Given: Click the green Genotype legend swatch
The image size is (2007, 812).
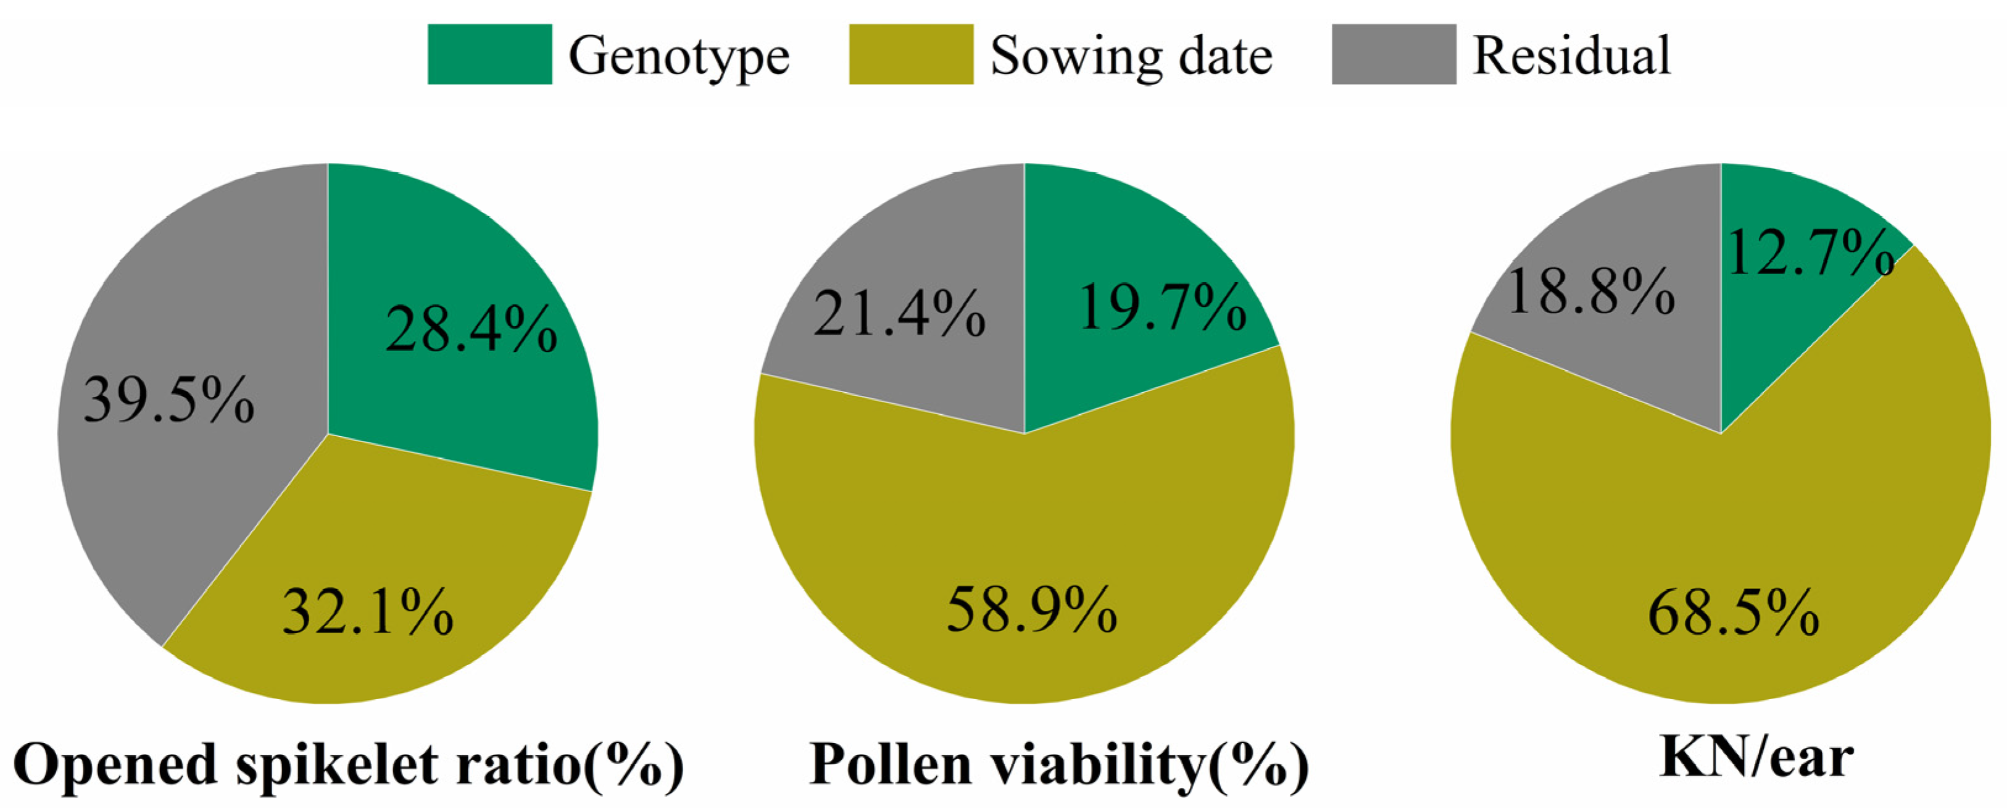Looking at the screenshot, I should (489, 54).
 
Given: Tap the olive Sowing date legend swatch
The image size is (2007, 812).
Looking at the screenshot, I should (911, 54).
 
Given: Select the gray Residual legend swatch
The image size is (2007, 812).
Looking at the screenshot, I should (1394, 54).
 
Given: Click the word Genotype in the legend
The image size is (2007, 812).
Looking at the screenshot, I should (679, 56).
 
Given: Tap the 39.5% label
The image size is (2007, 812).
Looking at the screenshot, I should (169, 400).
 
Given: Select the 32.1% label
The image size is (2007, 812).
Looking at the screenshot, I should (368, 612).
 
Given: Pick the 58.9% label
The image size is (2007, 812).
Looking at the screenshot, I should (1031, 609).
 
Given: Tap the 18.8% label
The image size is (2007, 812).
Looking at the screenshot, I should (1591, 291).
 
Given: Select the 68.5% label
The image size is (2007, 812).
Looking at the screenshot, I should (1734, 613).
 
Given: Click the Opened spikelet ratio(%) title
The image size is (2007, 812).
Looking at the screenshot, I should (348, 765).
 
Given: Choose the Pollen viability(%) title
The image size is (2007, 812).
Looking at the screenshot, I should (1060, 765).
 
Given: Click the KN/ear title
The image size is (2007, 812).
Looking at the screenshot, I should (1756, 758).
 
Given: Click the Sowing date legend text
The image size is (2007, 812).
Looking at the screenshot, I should (1131, 56).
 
